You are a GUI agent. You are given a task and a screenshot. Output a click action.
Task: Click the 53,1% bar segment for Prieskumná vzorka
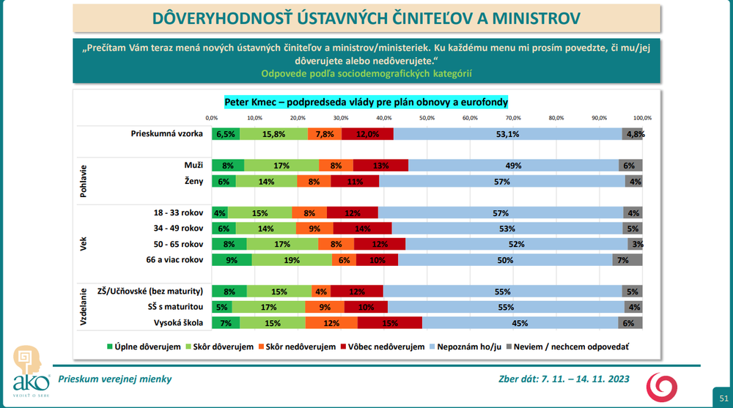[x=507, y=134]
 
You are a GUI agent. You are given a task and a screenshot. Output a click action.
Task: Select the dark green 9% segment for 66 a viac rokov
[x=231, y=259]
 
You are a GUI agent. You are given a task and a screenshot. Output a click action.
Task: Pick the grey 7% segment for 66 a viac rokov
[x=627, y=259]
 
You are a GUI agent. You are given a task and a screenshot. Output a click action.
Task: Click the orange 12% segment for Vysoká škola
[x=331, y=323]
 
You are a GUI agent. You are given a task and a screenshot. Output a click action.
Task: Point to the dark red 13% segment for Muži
[x=380, y=166]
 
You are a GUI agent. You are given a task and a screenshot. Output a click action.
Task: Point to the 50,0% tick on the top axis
[x=427, y=117]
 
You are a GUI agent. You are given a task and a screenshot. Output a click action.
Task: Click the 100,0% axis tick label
[x=642, y=117]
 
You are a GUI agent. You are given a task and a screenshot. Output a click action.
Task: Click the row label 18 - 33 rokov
[x=177, y=212]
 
